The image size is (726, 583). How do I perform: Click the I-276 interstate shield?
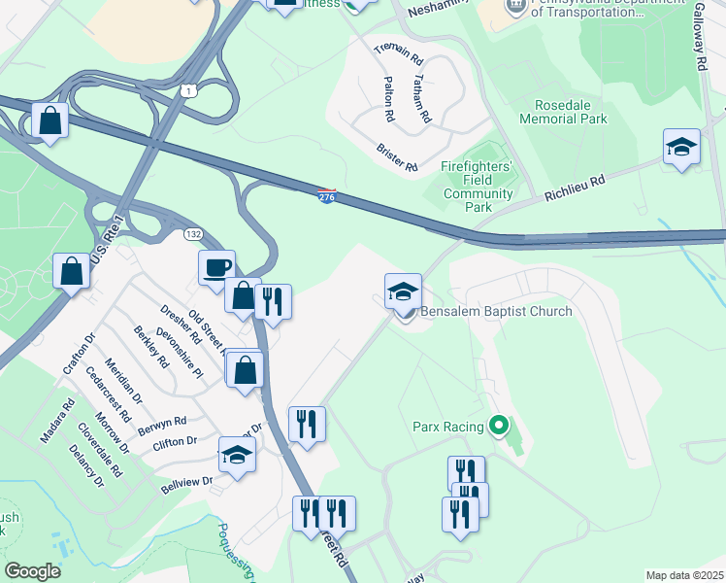327,196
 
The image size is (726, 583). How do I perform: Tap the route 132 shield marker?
194,235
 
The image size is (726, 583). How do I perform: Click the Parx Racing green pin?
500,425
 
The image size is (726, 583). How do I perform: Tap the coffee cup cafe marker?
217,268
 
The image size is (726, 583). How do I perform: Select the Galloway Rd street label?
699,35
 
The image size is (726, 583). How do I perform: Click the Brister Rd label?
396,158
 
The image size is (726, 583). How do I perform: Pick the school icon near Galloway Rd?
681,148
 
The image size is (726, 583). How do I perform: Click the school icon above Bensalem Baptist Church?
403,291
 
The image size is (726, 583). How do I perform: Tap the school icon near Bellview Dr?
237,455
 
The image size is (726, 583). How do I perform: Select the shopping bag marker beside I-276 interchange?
49,121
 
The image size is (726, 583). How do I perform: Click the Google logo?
32,571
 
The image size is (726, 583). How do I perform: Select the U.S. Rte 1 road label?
108,240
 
